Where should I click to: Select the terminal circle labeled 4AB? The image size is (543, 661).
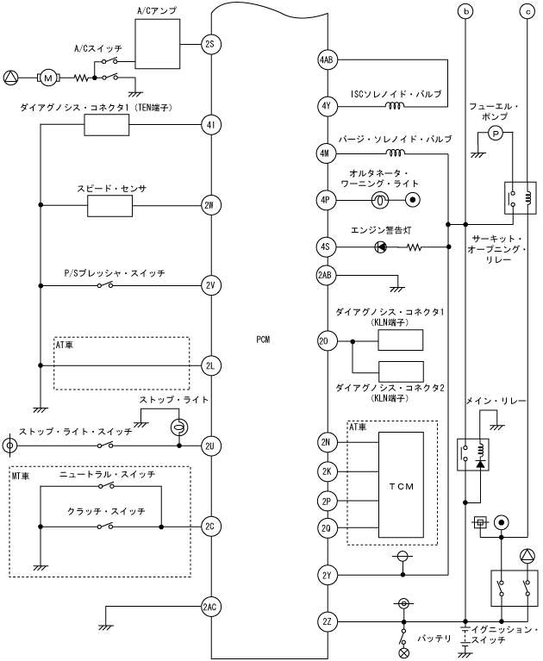pos(326,60)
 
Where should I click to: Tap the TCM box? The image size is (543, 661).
pos(400,485)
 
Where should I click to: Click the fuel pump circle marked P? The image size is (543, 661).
pos(495,132)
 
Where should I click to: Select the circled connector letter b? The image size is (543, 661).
pos(466,12)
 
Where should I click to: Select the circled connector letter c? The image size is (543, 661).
pos(527,12)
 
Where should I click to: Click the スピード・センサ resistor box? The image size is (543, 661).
pos(107,205)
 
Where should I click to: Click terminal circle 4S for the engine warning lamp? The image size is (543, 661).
pos(326,247)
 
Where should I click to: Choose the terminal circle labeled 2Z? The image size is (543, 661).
pos(326,620)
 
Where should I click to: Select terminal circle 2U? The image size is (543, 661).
pos(210,446)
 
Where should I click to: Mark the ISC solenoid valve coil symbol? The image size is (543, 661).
pos(396,106)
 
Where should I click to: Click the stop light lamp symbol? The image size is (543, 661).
pos(178,428)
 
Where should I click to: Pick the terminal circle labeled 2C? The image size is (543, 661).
pos(210,526)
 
